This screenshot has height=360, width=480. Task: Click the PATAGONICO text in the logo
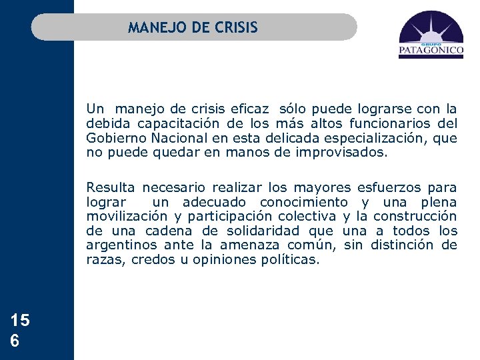431,49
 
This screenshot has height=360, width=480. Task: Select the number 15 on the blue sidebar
20,321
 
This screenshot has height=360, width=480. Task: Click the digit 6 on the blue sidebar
15,340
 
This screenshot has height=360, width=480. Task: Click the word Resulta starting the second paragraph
110,187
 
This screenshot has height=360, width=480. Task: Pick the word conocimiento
303,202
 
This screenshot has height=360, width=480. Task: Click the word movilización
127,216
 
